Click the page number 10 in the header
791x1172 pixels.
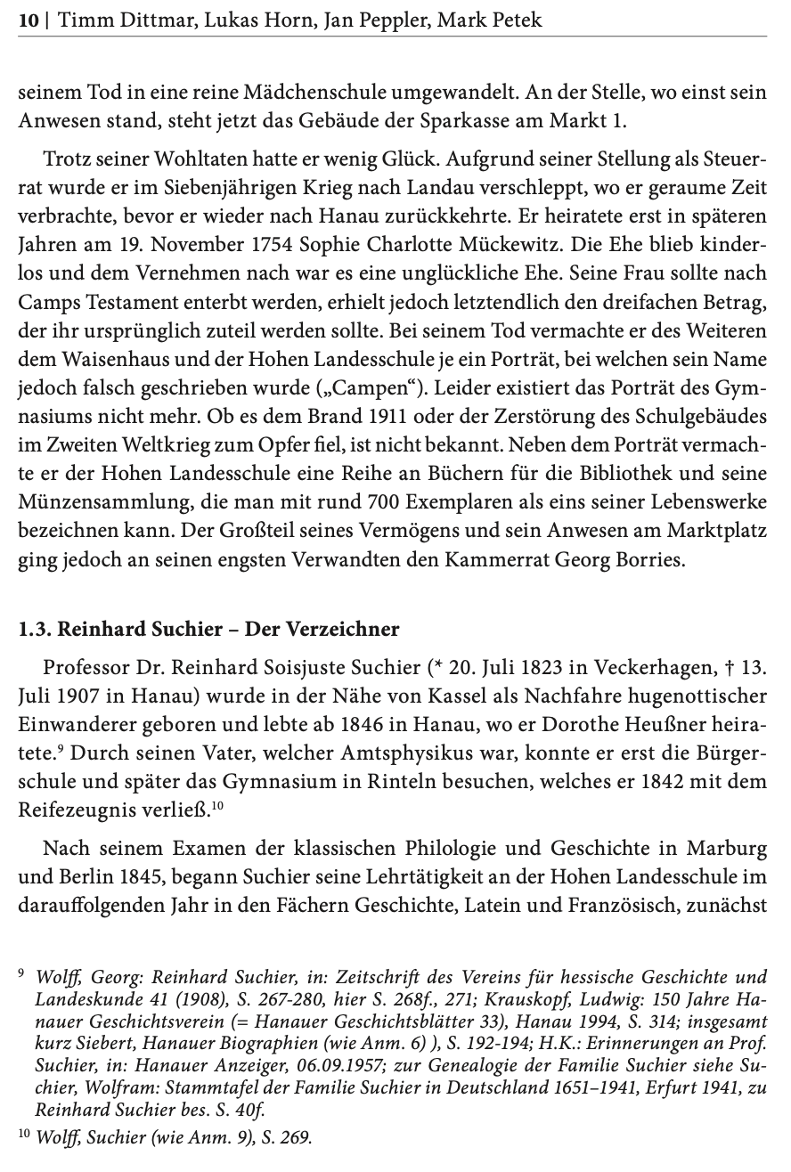[29, 19]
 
